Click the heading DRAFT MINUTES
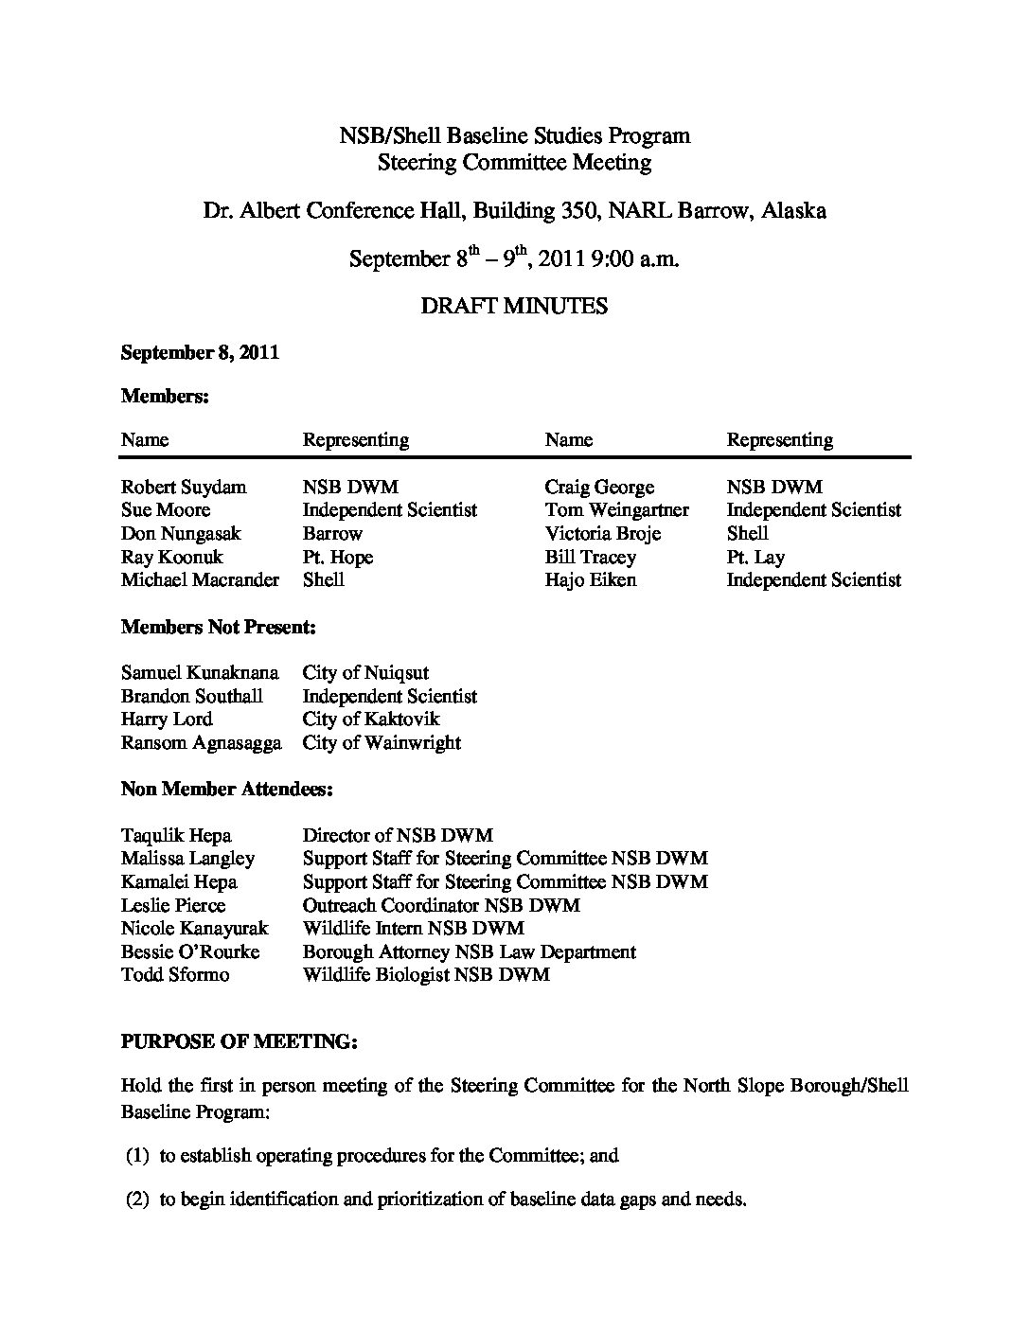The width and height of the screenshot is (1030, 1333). coord(515,306)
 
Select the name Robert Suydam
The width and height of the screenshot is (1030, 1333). coord(184,488)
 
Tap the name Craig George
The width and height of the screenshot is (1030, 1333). coord(599,488)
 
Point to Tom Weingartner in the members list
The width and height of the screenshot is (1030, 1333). coord(616,510)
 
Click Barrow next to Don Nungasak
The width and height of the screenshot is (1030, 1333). coord(332,534)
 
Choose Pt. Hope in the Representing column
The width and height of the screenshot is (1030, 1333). coord(338,557)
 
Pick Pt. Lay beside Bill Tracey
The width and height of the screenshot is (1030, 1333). coord(755,557)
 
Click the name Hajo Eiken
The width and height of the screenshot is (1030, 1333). coord(591,580)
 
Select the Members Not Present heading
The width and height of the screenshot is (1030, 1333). coord(218,627)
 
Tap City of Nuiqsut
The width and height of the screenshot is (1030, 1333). coord(365,673)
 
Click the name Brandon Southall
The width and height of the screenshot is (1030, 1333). coord(192,697)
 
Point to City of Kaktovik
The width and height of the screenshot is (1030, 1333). coord(371,720)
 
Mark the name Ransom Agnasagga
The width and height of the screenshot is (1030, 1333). coord(202,743)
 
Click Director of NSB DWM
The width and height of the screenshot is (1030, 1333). coord(398,835)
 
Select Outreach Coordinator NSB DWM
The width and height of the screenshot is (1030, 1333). coord(441,905)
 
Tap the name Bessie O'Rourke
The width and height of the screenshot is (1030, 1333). coord(190,951)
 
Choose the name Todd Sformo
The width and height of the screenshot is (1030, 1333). coord(175,974)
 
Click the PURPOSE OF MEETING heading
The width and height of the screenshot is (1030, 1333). coord(239,1041)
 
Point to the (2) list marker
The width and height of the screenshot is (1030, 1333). coord(138,1200)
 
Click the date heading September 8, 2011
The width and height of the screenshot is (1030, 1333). coord(200,353)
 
